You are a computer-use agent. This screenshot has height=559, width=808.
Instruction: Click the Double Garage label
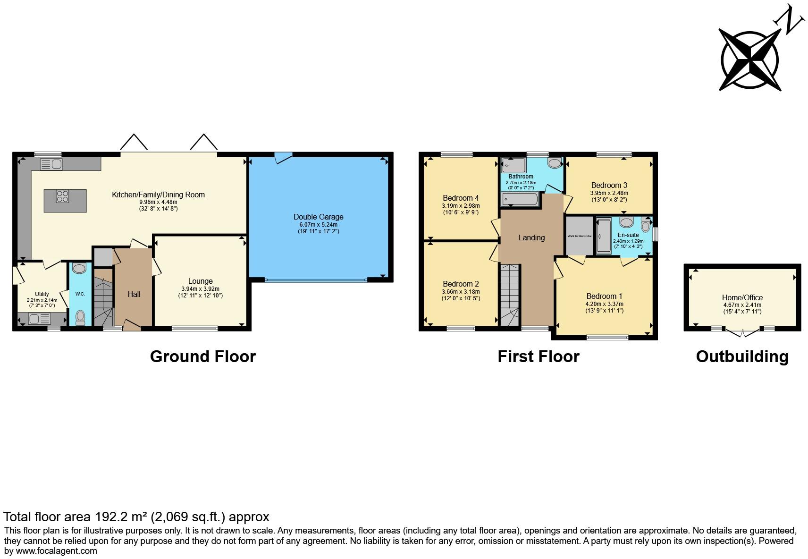point(318,217)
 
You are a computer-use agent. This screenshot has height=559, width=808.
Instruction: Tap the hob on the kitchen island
point(62,196)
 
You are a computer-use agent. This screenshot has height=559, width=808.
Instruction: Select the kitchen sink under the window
point(52,164)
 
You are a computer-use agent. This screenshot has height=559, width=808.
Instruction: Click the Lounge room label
point(200,281)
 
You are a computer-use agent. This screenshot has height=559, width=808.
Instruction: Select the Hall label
point(134,294)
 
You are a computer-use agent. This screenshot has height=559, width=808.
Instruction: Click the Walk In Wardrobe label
point(579,236)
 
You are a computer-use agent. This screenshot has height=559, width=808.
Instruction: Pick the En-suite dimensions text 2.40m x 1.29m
point(628,241)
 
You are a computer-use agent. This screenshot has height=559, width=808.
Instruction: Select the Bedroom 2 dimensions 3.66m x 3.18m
point(461,292)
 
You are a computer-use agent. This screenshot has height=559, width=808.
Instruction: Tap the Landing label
point(531,237)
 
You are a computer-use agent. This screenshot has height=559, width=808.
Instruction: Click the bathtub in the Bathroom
point(519,200)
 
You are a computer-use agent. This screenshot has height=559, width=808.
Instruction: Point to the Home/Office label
point(742,297)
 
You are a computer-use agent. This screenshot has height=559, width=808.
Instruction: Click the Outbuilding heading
point(742,356)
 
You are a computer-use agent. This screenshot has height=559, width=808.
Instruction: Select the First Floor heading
point(538,356)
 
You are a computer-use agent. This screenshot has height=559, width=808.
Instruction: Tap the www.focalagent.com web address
point(56,551)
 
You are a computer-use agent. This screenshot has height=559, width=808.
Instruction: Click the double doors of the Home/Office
point(743,332)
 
